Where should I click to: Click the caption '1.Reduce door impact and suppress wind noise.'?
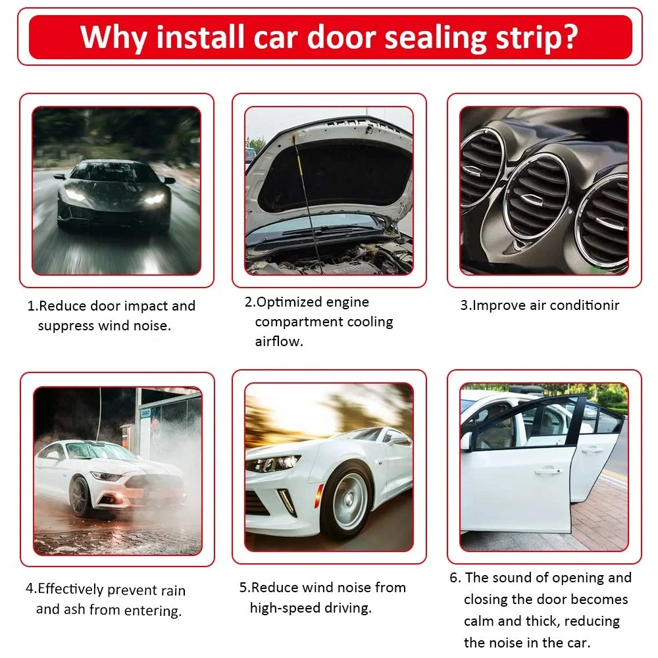[x=111, y=316]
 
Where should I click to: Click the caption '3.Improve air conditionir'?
[x=539, y=305]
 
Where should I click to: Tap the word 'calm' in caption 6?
[x=478, y=621]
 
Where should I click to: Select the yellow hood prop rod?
[x=307, y=184]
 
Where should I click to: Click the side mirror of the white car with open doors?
[x=466, y=440]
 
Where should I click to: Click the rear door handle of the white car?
[x=592, y=449]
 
